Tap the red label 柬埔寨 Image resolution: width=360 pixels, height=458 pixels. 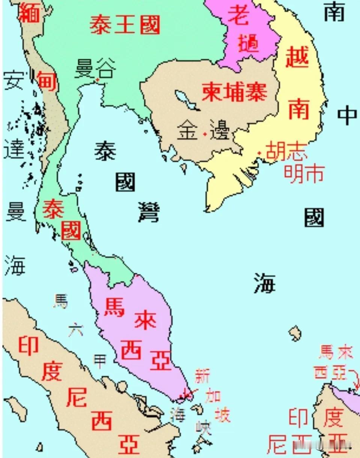[x=234, y=91]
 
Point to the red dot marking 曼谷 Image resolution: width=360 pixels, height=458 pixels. [x=98, y=80]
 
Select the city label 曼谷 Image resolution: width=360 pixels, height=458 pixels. [x=95, y=69]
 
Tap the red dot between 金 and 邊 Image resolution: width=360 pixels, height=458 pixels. [x=205, y=134]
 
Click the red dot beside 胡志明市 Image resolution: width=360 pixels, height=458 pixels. [x=259, y=153]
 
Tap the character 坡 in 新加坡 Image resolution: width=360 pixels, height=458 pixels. [x=222, y=414]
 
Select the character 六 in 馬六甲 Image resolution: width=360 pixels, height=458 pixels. [x=75, y=331]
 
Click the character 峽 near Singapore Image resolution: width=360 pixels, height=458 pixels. [x=203, y=428]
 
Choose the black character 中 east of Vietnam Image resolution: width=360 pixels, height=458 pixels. [x=346, y=115]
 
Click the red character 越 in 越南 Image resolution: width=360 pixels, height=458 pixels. [x=297, y=57]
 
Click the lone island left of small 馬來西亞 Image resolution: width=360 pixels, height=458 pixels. [x=295, y=333]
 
